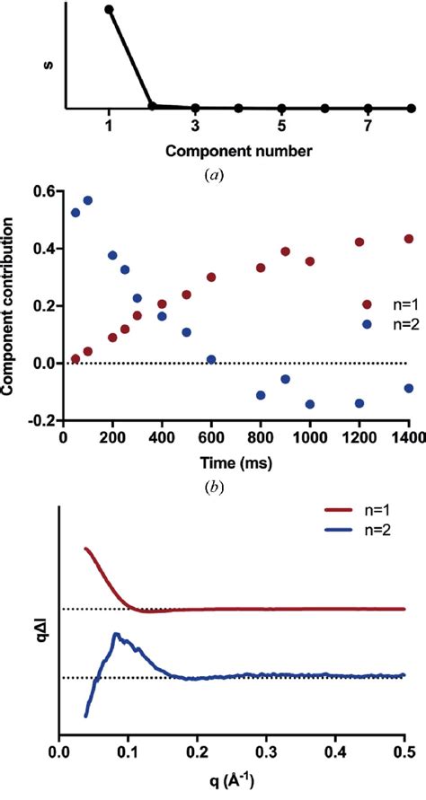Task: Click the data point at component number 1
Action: click(x=109, y=10)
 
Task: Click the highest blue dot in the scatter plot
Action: click(x=88, y=200)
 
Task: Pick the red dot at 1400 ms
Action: click(x=409, y=239)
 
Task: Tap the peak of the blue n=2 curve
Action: click(x=115, y=634)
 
